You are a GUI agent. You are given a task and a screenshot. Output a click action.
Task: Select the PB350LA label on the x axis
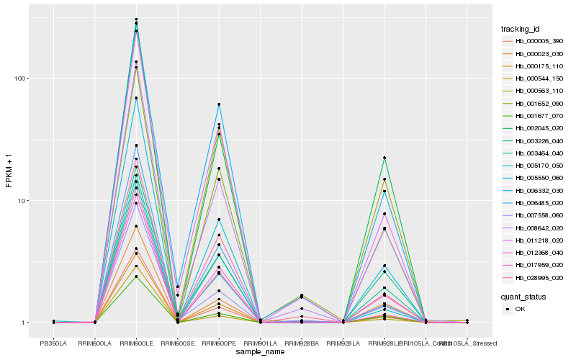tap(53, 344)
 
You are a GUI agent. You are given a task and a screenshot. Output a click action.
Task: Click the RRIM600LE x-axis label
tap(136, 344)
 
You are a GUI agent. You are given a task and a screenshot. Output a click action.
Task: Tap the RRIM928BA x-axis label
tap(302, 344)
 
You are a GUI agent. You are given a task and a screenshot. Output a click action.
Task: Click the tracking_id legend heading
tap(521, 29)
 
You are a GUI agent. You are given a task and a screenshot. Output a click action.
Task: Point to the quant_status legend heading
tap(523, 296)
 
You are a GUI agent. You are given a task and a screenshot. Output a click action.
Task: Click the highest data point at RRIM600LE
tap(136, 19)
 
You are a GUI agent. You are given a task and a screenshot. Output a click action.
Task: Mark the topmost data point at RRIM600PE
tap(219, 104)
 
